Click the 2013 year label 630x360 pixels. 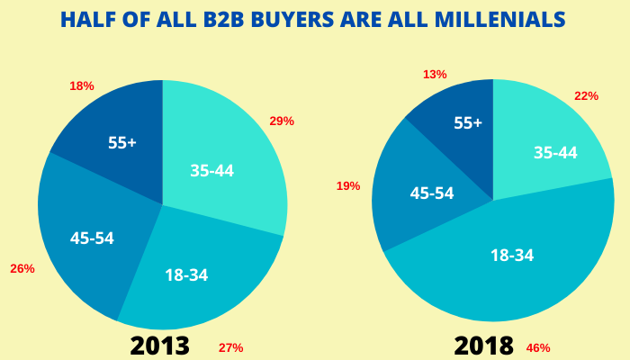click(160, 345)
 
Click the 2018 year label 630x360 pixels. click(485, 345)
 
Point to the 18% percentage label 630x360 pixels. click(81, 85)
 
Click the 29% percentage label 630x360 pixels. click(282, 121)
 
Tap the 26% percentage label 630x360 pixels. click(22, 268)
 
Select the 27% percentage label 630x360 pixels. click(231, 347)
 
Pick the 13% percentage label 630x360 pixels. click(435, 74)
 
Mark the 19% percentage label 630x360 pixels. click(348, 185)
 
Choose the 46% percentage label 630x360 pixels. click(538, 347)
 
